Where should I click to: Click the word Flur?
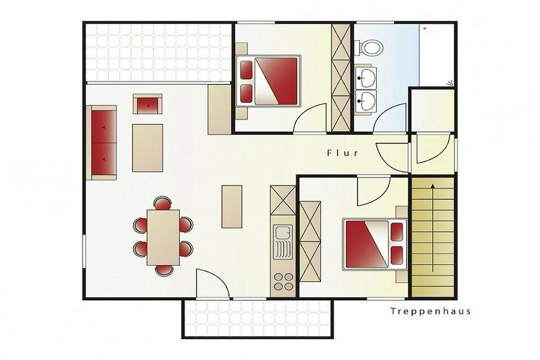pos(342,153)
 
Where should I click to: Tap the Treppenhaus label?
pos(431,311)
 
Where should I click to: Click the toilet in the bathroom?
pos(369,48)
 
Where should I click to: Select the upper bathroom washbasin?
pos(366,78)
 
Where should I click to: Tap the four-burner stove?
pos(283,281)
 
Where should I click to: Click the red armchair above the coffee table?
pos(148,104)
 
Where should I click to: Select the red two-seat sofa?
pos(102,143)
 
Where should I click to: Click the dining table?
pos(163,238)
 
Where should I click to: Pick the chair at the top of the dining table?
pos(163,202)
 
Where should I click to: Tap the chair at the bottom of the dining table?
pos(164,270)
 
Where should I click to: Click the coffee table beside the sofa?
pos(148,148)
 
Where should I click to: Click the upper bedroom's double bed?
pos(268,81)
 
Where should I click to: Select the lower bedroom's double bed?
pos(375,244)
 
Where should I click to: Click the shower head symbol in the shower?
pos(449,83)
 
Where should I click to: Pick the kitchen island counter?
pos(232,207)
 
